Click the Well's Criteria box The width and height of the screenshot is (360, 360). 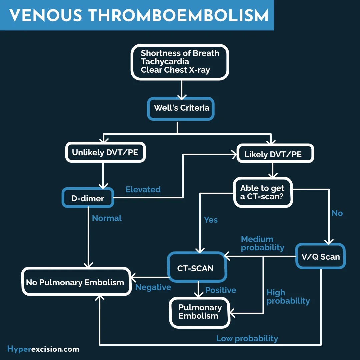click(x=181, y=108)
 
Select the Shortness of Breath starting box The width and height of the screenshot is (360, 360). click(x=180, y=62)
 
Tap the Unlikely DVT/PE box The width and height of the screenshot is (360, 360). click(x=105, y=153)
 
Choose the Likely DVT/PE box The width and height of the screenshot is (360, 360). click(x=275, y=154)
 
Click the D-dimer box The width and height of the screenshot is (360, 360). click(x=88, y=198)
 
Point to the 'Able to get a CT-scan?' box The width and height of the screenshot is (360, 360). click(x=263, y=192)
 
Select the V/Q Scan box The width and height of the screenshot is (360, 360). click(x=320, y=256)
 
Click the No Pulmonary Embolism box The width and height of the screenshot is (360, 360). click(x=76, y=282)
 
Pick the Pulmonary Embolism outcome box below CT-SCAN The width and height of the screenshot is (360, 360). click(x=200, y=312)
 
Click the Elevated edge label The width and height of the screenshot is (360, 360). click(x=143, y=189)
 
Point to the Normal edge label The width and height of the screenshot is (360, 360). click(x=107, y=218)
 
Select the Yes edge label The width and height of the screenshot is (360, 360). click(x=211, y=220)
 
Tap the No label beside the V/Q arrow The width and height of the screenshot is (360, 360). click(x=337, y=213)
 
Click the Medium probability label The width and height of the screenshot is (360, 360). click(x=262, y=243)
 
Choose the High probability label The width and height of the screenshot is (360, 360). click(x=288, y=297)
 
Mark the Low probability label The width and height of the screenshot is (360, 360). click(x=247, y=338)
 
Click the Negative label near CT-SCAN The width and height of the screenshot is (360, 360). click(x=153, y=287)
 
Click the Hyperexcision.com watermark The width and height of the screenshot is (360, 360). click(x=43, y=349)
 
